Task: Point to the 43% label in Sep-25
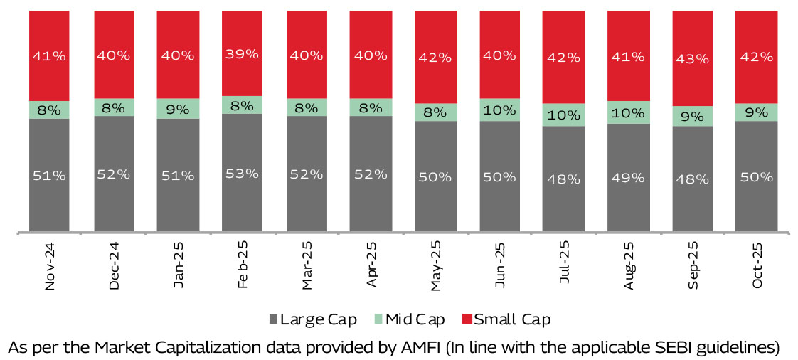[691, 59]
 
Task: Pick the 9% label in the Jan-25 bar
[178, 110]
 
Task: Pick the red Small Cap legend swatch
[467, 319]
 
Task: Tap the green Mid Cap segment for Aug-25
[627, 112]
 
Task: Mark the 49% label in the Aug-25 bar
[627, 176]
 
